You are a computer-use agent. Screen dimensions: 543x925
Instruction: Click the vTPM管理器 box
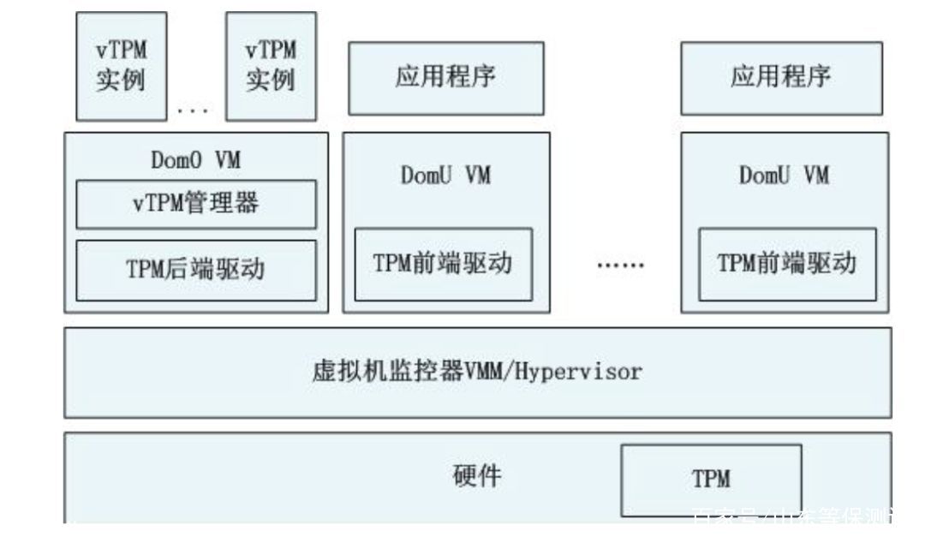[195, 205]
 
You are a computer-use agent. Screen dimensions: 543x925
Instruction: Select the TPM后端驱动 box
[195, 270]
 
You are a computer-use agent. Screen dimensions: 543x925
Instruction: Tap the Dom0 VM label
[196, 159]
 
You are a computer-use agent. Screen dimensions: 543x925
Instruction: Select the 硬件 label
[477, 477]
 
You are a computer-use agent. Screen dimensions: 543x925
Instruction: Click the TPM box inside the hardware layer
[711, 480]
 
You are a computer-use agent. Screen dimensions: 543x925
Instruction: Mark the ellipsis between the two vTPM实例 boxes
[193, 110]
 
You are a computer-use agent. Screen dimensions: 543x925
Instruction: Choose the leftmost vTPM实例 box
[120, 67]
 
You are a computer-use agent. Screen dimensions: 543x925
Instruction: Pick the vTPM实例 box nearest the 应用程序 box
[271, 67]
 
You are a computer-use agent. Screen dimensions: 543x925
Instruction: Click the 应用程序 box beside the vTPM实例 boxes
[445, 78]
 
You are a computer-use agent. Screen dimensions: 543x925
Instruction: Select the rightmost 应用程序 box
[780, 78]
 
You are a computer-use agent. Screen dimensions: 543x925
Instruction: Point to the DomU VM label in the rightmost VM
[784, 176]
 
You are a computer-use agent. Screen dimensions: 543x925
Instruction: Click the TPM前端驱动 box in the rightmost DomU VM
[787, 264]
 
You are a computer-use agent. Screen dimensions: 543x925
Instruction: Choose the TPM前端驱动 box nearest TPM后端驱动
[443, 264]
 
